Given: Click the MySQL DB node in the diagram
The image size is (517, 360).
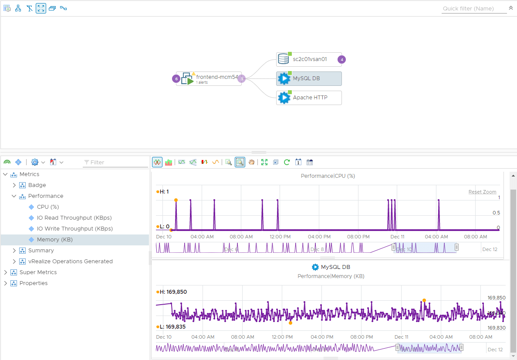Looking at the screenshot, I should (309, 78).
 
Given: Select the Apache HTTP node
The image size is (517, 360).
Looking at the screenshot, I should (309, 98).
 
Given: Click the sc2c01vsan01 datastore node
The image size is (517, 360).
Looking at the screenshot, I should (309, 59).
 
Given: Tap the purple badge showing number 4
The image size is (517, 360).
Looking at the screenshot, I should (342, 60).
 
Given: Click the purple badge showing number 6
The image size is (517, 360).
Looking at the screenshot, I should (176, 79).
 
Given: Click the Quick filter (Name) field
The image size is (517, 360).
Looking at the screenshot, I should (474, 9).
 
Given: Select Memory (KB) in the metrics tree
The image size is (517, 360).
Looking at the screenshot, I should (54, 240).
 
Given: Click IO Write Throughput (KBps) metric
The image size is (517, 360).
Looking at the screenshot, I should (74, 229).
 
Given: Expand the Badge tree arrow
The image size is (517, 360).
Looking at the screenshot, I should (14, 185).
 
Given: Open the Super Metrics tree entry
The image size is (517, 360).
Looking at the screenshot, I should (38, 272).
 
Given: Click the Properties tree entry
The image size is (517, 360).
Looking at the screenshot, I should (34, 283).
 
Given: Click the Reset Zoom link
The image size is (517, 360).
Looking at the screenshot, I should (482, 192).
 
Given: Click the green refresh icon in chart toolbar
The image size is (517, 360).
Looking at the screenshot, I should (287, 162).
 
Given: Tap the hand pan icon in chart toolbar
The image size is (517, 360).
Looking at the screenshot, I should (252, 162).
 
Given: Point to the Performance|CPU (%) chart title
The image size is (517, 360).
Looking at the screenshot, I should (328, 176).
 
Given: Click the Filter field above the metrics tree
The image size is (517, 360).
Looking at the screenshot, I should (115, 162).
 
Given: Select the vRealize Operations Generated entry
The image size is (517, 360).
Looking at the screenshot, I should (70, 262).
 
